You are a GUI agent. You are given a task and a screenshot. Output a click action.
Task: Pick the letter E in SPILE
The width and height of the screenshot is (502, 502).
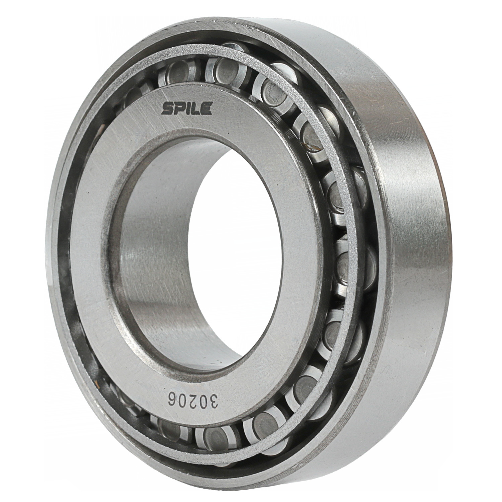coord(206,109)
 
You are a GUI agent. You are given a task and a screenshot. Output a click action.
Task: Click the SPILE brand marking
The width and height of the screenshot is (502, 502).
coord(187,109)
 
